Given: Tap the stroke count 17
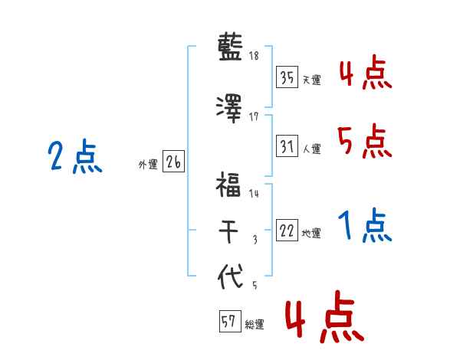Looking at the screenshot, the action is tap(255, 116).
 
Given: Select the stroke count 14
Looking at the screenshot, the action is tap(254, 195).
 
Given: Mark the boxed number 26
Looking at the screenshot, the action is tap(173, 162).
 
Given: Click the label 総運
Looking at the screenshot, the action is tap(254, 324).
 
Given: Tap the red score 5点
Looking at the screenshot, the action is tap(364, 142).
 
